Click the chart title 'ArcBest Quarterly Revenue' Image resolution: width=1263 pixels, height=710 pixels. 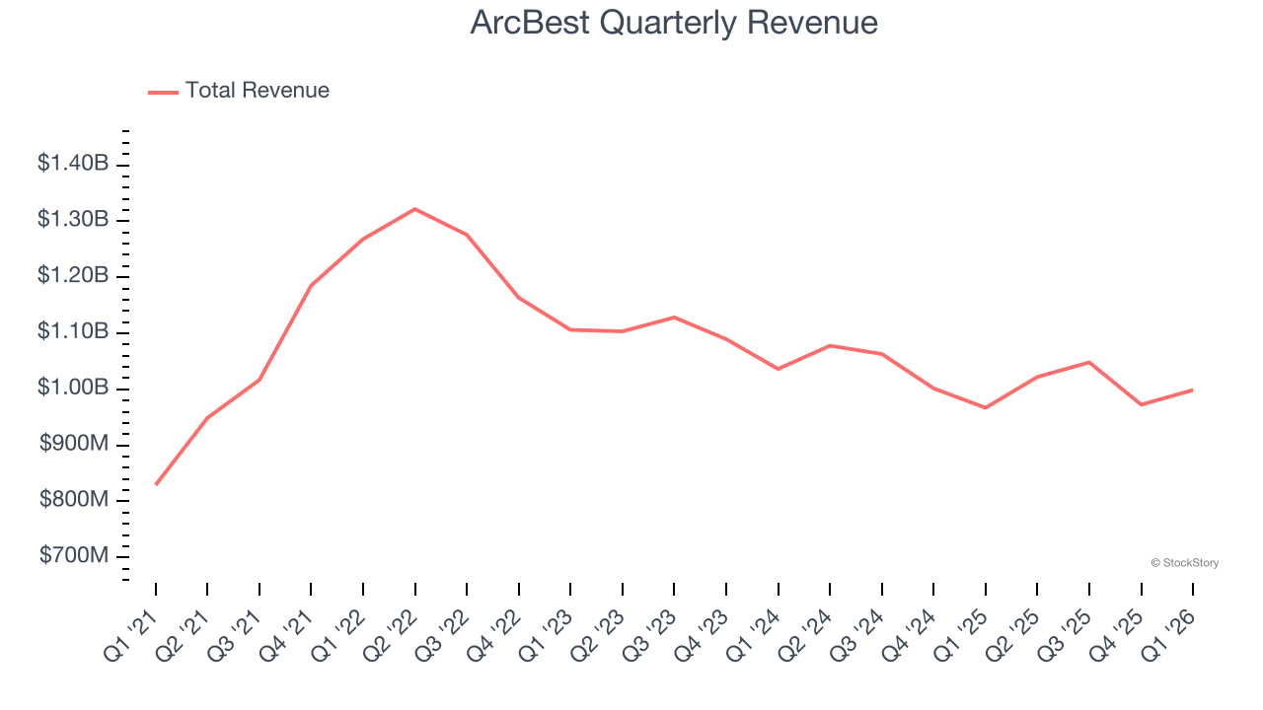click(674, 23)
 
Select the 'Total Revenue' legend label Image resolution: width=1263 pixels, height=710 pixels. click(257, 91)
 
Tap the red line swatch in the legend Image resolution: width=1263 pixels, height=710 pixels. click(163, 92)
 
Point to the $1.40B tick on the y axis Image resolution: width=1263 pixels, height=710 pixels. click(73, 164)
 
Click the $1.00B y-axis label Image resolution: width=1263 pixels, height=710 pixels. click(73, 388)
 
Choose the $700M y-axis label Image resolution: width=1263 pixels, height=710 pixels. click(74, 556)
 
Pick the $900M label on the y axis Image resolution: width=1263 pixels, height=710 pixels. click(74, 444)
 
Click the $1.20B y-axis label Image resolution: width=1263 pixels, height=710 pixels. click(73, 275)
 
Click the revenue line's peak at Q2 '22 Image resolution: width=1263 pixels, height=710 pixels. click(414, 209)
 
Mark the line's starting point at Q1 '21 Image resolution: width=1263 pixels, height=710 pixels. click(156, 484)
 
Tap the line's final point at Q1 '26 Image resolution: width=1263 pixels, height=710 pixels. click(1192, 390)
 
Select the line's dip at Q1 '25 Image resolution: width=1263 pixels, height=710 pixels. click(985, 407)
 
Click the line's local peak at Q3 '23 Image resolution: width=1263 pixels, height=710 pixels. click(674, 317)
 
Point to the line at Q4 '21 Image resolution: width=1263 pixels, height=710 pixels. click(311, 286)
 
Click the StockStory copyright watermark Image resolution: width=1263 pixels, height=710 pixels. click(1184, 563)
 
